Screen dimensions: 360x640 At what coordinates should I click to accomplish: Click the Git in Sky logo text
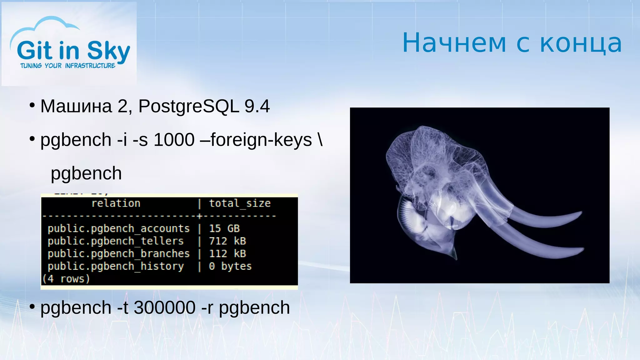(73, 51)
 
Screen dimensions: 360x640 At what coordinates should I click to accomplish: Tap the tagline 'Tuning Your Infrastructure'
(68, 66)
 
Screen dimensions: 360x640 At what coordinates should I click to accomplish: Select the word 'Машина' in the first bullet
(76, 106)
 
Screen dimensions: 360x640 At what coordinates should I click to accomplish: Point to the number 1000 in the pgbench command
(174, 140)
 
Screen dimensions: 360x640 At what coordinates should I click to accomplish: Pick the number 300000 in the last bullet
(165, 308)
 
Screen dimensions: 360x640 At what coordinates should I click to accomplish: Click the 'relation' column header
(116, 203)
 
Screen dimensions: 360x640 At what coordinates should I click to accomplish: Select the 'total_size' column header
(240, 203)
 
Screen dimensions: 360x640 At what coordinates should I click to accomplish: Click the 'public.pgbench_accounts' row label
(118, 229)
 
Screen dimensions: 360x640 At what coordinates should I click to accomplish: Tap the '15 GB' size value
(224, 229)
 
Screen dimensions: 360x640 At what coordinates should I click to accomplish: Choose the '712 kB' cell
(227, 241)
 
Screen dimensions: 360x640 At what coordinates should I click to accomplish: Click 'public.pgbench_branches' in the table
(118, 254)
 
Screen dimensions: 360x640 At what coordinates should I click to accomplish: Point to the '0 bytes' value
(230, 266)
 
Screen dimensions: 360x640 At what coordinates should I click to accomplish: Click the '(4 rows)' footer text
(66, 279)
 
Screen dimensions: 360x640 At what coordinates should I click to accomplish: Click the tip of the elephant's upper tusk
(580, 213)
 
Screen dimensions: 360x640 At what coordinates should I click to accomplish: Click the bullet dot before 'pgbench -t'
(32, 307)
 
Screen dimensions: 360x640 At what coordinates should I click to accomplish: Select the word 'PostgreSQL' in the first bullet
(188, 106)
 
